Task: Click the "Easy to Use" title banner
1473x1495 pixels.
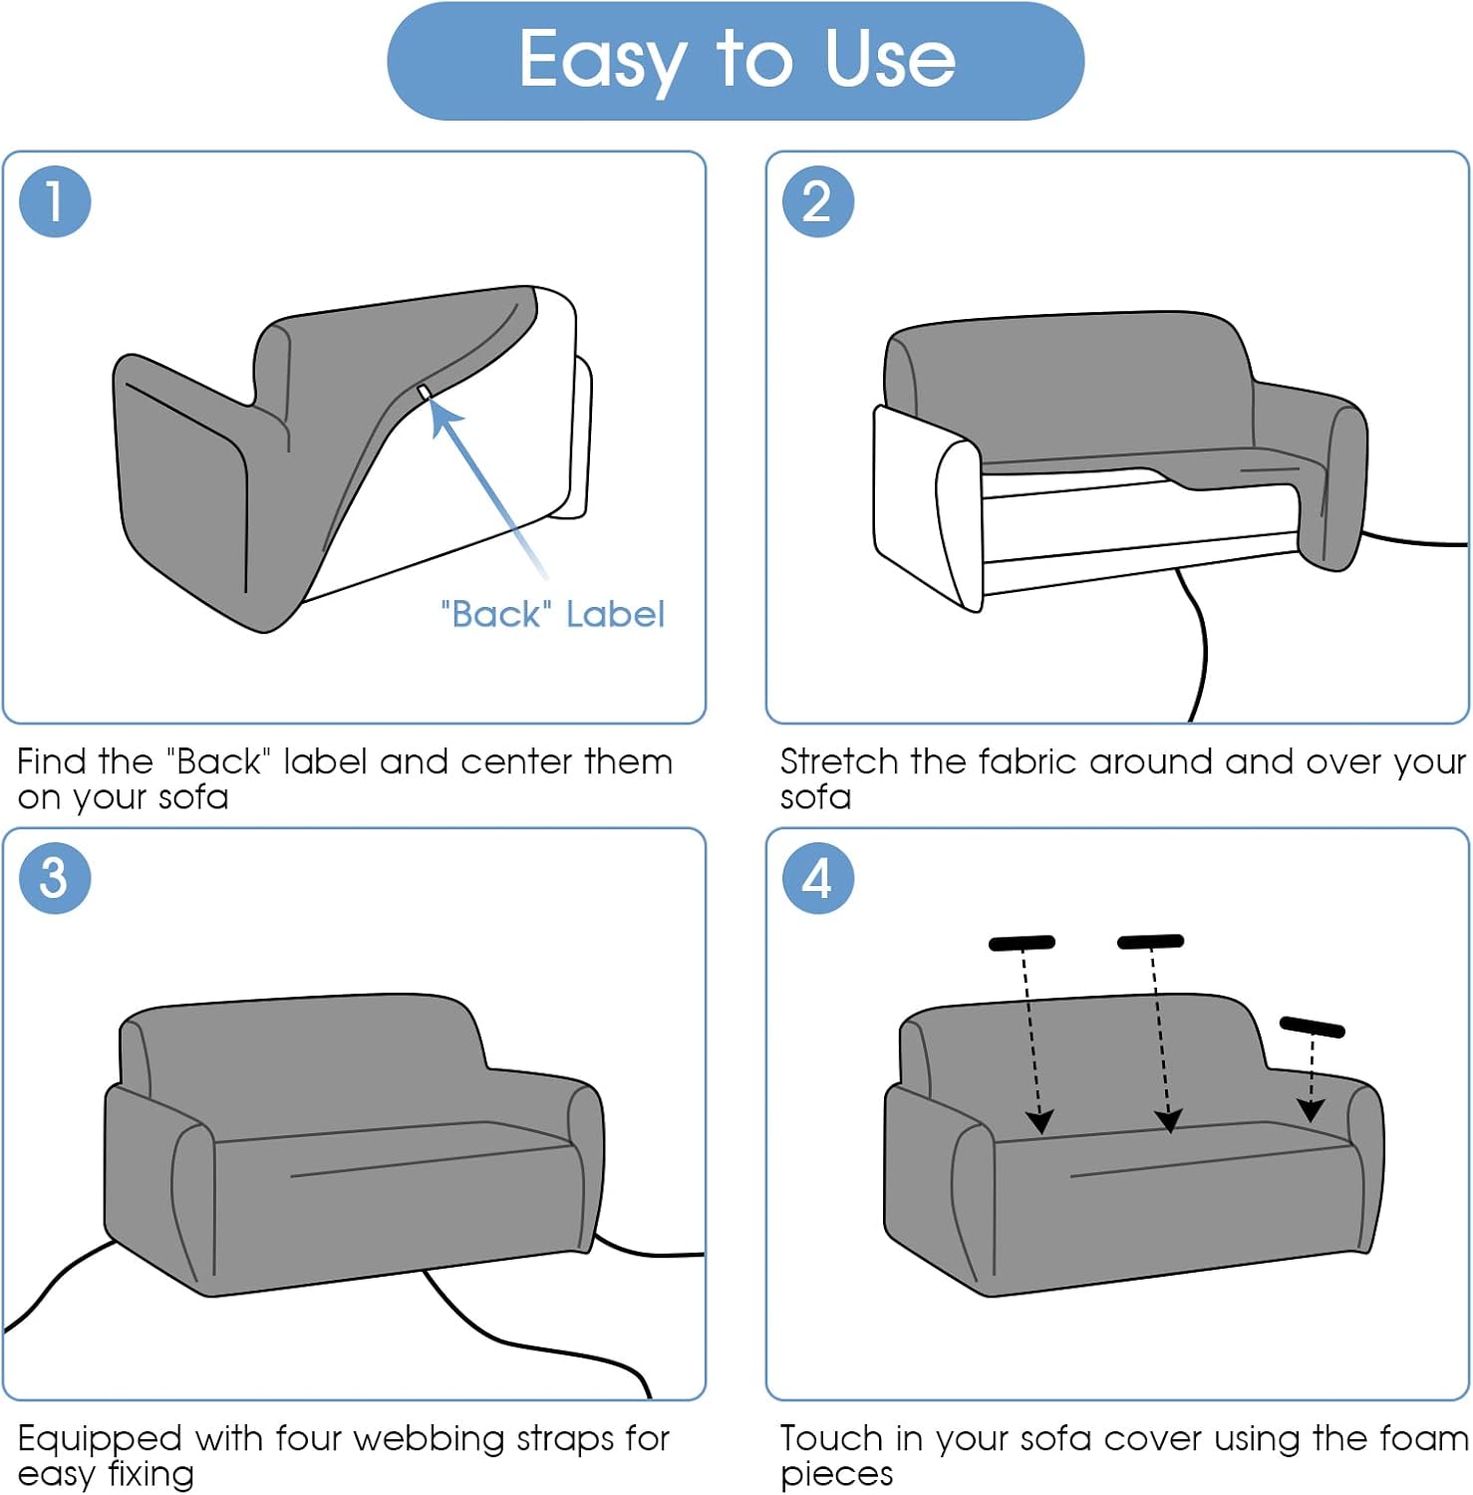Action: coord(736,61)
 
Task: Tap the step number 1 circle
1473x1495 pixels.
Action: coord(55,201)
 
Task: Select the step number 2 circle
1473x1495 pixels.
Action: coord(818,201)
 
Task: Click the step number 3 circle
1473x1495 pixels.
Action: coord(55,878)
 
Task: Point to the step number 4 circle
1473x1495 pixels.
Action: coord(818,878)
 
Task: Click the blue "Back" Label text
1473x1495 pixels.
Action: coord(552,614)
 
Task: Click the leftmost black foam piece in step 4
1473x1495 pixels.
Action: coord(1022,943)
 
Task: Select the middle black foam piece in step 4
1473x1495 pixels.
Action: coord(1151,942)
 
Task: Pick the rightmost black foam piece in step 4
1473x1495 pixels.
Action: coord(1313,1027)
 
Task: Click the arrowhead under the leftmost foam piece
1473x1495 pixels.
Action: coord(1039,1121)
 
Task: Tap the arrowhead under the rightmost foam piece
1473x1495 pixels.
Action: coord(1311,1109)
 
